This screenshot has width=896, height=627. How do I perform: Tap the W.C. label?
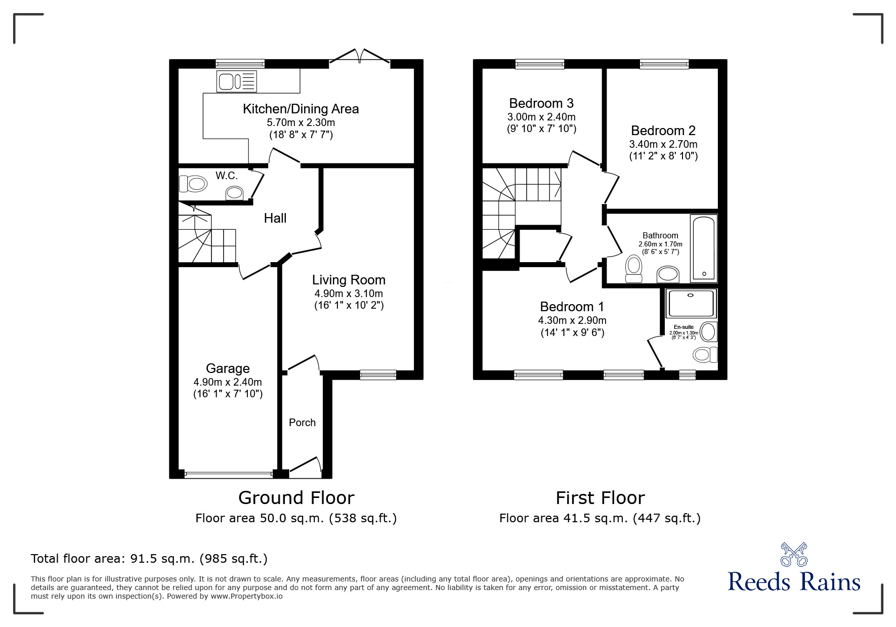click(226, 176)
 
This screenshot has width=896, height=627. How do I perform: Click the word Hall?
click(275, 218)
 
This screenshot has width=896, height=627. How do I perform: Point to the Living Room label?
click(348, 280)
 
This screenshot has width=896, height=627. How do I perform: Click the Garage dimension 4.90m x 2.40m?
click(228, 382)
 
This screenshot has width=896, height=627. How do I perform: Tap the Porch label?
click(302, 423)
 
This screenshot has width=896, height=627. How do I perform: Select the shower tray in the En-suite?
click(691, 303)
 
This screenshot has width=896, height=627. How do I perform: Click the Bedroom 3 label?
click(541, 103)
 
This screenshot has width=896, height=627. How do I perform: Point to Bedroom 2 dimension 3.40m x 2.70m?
click(663, 144)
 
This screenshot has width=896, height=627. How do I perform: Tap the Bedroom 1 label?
click(572, 307)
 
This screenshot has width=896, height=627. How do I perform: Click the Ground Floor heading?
click(296, 498)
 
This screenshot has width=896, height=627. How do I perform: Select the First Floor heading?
click(600, 498)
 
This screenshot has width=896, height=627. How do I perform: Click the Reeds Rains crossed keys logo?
click(794, 555)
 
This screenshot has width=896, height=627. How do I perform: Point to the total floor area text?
click(149, 559)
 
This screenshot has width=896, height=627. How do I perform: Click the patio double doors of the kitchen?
click(360, 57)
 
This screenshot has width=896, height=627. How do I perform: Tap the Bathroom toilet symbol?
click(633, 269)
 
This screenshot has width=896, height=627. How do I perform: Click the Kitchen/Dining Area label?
click(301, 109)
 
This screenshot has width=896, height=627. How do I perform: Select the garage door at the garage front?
click(228, 474)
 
